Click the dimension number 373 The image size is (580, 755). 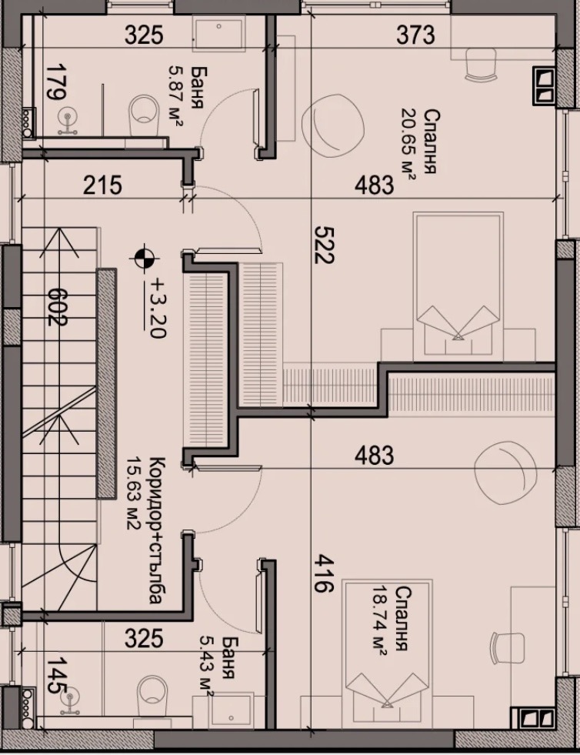pos(415,35)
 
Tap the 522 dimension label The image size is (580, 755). pos(323,245)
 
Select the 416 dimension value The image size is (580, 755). pos(323,573)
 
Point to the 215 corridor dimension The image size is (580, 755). pos(102,185)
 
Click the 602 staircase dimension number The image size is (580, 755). pos(57,307)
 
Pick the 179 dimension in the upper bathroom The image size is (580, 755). pos(56,82)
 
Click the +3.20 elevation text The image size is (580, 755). pos(155,307)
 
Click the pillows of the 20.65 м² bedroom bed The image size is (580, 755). pos(458,321)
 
